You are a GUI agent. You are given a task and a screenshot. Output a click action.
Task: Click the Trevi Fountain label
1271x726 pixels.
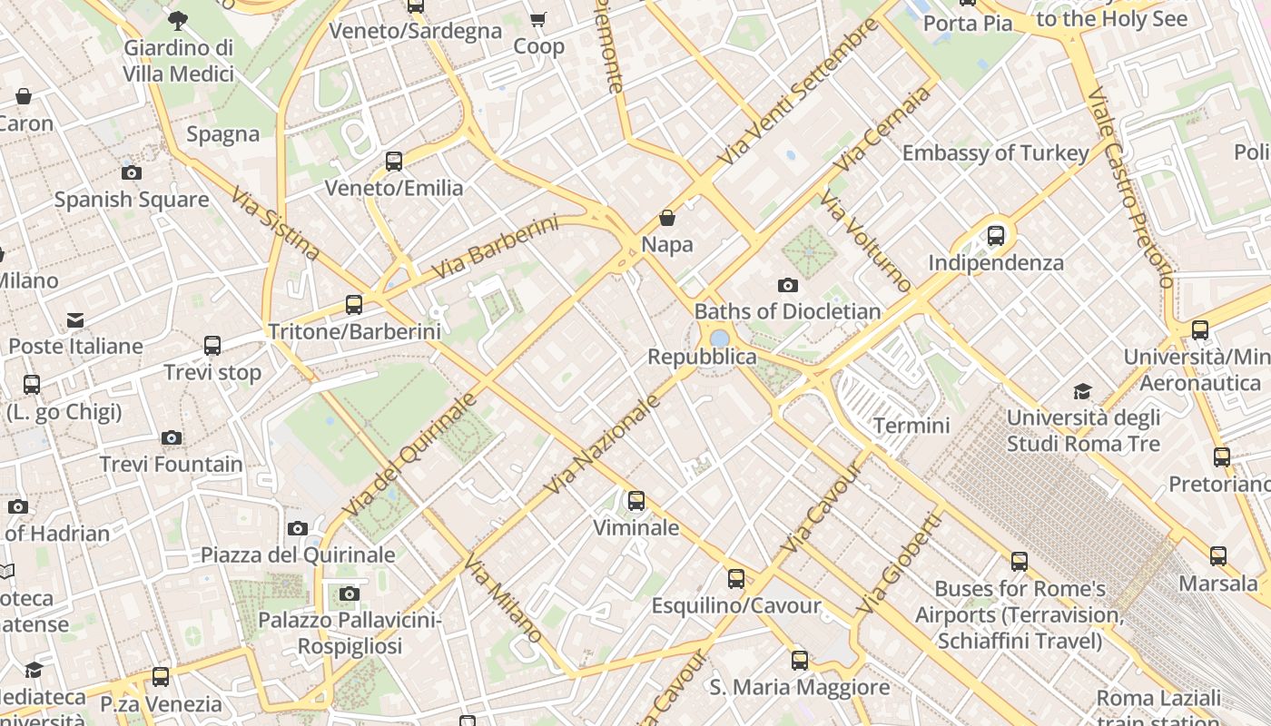171,465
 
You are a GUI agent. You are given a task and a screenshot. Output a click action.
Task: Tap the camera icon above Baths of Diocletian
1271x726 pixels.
788,285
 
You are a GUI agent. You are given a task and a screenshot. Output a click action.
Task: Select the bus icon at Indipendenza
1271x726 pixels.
996,236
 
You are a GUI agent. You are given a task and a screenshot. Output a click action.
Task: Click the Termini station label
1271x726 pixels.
911,425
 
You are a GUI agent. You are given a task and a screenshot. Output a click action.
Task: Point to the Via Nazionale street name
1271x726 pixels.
601,445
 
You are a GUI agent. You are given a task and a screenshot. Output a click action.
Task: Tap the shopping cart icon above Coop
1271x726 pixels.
538,19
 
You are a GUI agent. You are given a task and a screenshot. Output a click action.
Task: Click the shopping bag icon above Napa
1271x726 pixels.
667,218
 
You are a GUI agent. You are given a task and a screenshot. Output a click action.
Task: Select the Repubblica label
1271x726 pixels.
702,357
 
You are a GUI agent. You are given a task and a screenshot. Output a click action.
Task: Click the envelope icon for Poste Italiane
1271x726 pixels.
75,319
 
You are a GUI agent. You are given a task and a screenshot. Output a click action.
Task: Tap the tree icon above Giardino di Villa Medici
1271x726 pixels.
178,19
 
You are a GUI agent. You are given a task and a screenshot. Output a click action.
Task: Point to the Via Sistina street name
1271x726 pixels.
275,224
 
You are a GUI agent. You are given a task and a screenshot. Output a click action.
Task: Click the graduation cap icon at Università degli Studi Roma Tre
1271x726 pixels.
1082,391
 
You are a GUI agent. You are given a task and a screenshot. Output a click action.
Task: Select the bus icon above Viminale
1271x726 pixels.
635,500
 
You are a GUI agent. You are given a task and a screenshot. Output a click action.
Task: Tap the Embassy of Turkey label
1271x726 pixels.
995,152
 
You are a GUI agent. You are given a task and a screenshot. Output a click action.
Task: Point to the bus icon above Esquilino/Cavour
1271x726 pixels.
735,578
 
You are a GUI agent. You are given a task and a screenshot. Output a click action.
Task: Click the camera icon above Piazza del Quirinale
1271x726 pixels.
297,528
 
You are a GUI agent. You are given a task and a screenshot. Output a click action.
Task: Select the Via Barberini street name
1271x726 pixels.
495,246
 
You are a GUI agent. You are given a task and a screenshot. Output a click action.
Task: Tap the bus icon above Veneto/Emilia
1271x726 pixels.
393,162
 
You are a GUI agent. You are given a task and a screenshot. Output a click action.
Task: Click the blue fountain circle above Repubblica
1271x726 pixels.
720,338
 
